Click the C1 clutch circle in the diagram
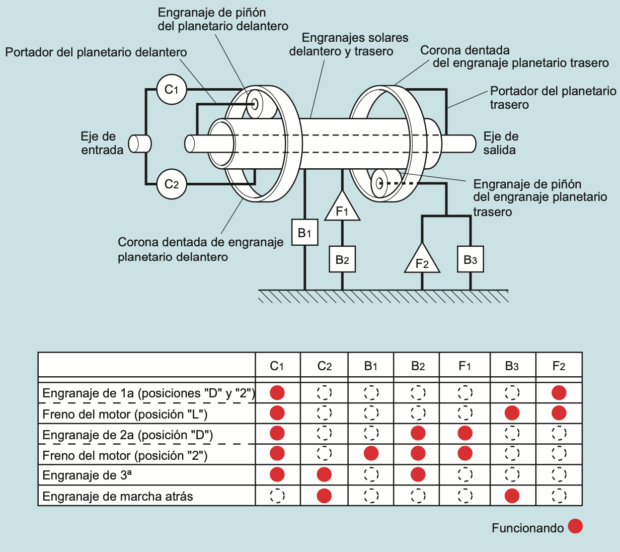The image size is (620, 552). coord(172,90)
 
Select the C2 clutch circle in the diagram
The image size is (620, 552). coord(172,184)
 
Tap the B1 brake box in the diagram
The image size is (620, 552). coord(304,232)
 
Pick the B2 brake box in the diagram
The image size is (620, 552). coord(342,259)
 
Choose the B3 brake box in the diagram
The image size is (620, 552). coord(470,259)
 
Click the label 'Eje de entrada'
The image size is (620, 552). coord(102,143)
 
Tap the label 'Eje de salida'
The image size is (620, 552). coord(500,143)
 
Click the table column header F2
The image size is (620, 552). coord(559,366)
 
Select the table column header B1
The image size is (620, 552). coord(371,366)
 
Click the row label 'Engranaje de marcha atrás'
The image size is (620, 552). coord(118,497)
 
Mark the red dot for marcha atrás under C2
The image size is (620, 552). coord(324,496)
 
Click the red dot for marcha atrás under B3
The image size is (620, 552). coord(512,496)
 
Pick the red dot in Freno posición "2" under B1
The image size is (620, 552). coord(371,453)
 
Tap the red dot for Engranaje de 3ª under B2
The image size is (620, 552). coord(418,474)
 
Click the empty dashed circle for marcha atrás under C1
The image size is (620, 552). coord(277,496)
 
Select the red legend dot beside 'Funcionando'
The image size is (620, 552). coord(575,526)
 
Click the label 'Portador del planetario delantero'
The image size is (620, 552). coord(96,52)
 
